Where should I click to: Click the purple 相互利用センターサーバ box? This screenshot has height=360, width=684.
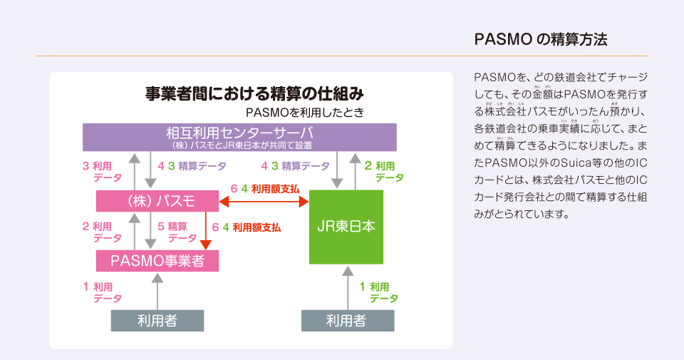click(239, 137)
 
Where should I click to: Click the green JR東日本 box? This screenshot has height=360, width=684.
click(346, 227)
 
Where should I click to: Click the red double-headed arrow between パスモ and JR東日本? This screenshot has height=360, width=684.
click(264, 201)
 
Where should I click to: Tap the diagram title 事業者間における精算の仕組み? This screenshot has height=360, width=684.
click(254, 93)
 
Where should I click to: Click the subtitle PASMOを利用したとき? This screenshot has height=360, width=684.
click(304, 113)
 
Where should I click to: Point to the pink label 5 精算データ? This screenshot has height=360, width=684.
click(177, 232)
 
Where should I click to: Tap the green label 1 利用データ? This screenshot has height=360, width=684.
click(378, 292)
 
